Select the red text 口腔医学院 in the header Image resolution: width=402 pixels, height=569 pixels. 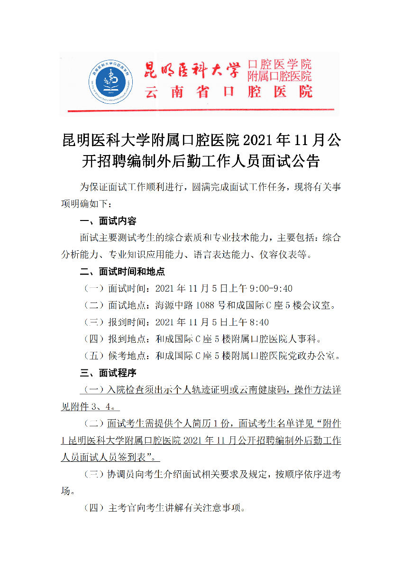click(x=279, y=64)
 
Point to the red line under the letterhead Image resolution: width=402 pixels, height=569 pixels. click(x=201, y=111)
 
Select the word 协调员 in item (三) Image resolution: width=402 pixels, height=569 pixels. click(x=121, y=474)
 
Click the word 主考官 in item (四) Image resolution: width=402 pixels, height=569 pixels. click(x=121, y=508)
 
